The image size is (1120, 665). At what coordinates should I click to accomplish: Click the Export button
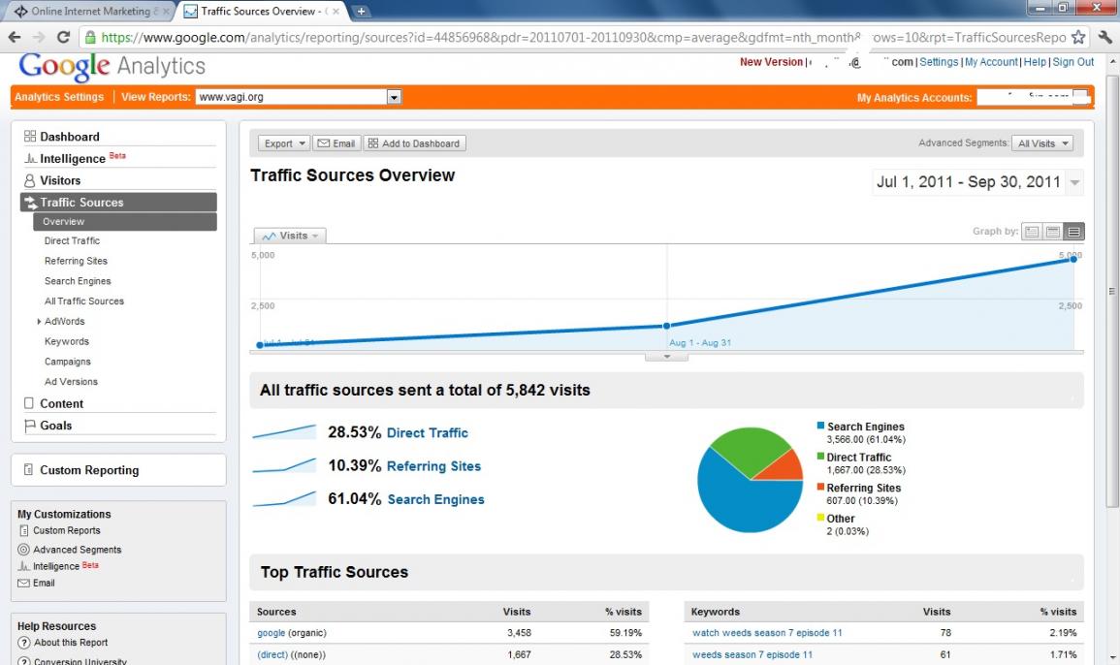tap(284, 143)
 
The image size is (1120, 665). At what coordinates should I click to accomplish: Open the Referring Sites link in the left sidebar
tap(76, 261)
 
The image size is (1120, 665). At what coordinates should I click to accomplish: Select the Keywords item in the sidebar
tap(67, 341)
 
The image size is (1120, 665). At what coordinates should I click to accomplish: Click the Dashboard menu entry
tap(69, 137)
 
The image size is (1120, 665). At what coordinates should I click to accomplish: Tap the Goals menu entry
tap(55, 426)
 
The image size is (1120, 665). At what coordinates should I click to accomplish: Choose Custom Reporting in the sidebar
tap(89, 470)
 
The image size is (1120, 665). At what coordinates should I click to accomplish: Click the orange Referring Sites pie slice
tap(782, 466)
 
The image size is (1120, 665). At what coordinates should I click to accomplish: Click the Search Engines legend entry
tap(865, 427)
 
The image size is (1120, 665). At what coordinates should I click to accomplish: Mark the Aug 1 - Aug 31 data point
tap(666, 326)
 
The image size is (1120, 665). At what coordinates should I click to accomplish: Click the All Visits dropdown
tap(1042, 143)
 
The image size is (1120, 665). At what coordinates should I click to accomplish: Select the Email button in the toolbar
tap(336, 143)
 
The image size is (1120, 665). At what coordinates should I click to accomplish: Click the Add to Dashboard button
tap(414, 143)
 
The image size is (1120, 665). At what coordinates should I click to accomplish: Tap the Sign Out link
tap(1072, 62)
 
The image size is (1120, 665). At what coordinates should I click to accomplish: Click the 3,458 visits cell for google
tap(519, 633)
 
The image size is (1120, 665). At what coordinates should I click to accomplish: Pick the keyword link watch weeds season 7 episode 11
tap(767, 633)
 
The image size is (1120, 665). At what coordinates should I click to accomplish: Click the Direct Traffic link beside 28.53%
tap(427, 433)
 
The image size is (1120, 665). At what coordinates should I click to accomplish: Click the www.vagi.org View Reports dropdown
tap(298, 97)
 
